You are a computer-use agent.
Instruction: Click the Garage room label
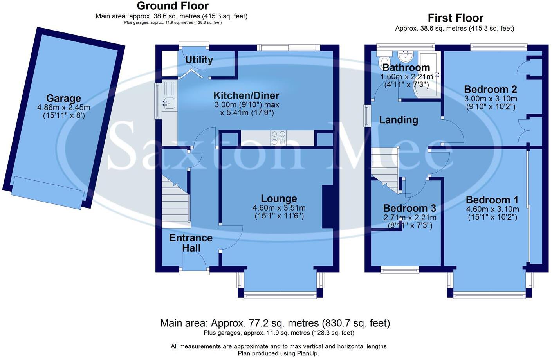click(63, 99)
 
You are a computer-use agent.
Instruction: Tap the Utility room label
click(199, 60)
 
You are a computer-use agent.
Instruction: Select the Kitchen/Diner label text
click(246, 95)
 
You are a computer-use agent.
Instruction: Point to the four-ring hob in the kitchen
click(278, 138)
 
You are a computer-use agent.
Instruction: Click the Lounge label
click(279, 199)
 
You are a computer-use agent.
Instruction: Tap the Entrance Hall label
click(191, 243)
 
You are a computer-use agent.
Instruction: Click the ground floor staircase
click(176, 203)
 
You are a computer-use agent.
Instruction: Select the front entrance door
click(195, 260)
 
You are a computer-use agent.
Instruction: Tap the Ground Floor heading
click(173, 6)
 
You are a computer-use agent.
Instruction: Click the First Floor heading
click(455, 18)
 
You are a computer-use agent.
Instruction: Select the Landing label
click(398, 120)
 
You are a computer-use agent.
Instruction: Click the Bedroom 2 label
click(490, 89)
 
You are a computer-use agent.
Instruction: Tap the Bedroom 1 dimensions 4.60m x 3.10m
click(492, 209)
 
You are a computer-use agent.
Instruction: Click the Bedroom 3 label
click(409, 208)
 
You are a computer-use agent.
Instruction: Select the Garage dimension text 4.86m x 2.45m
click(63, 108)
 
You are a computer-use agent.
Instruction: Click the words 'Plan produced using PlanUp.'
click(278, 353)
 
